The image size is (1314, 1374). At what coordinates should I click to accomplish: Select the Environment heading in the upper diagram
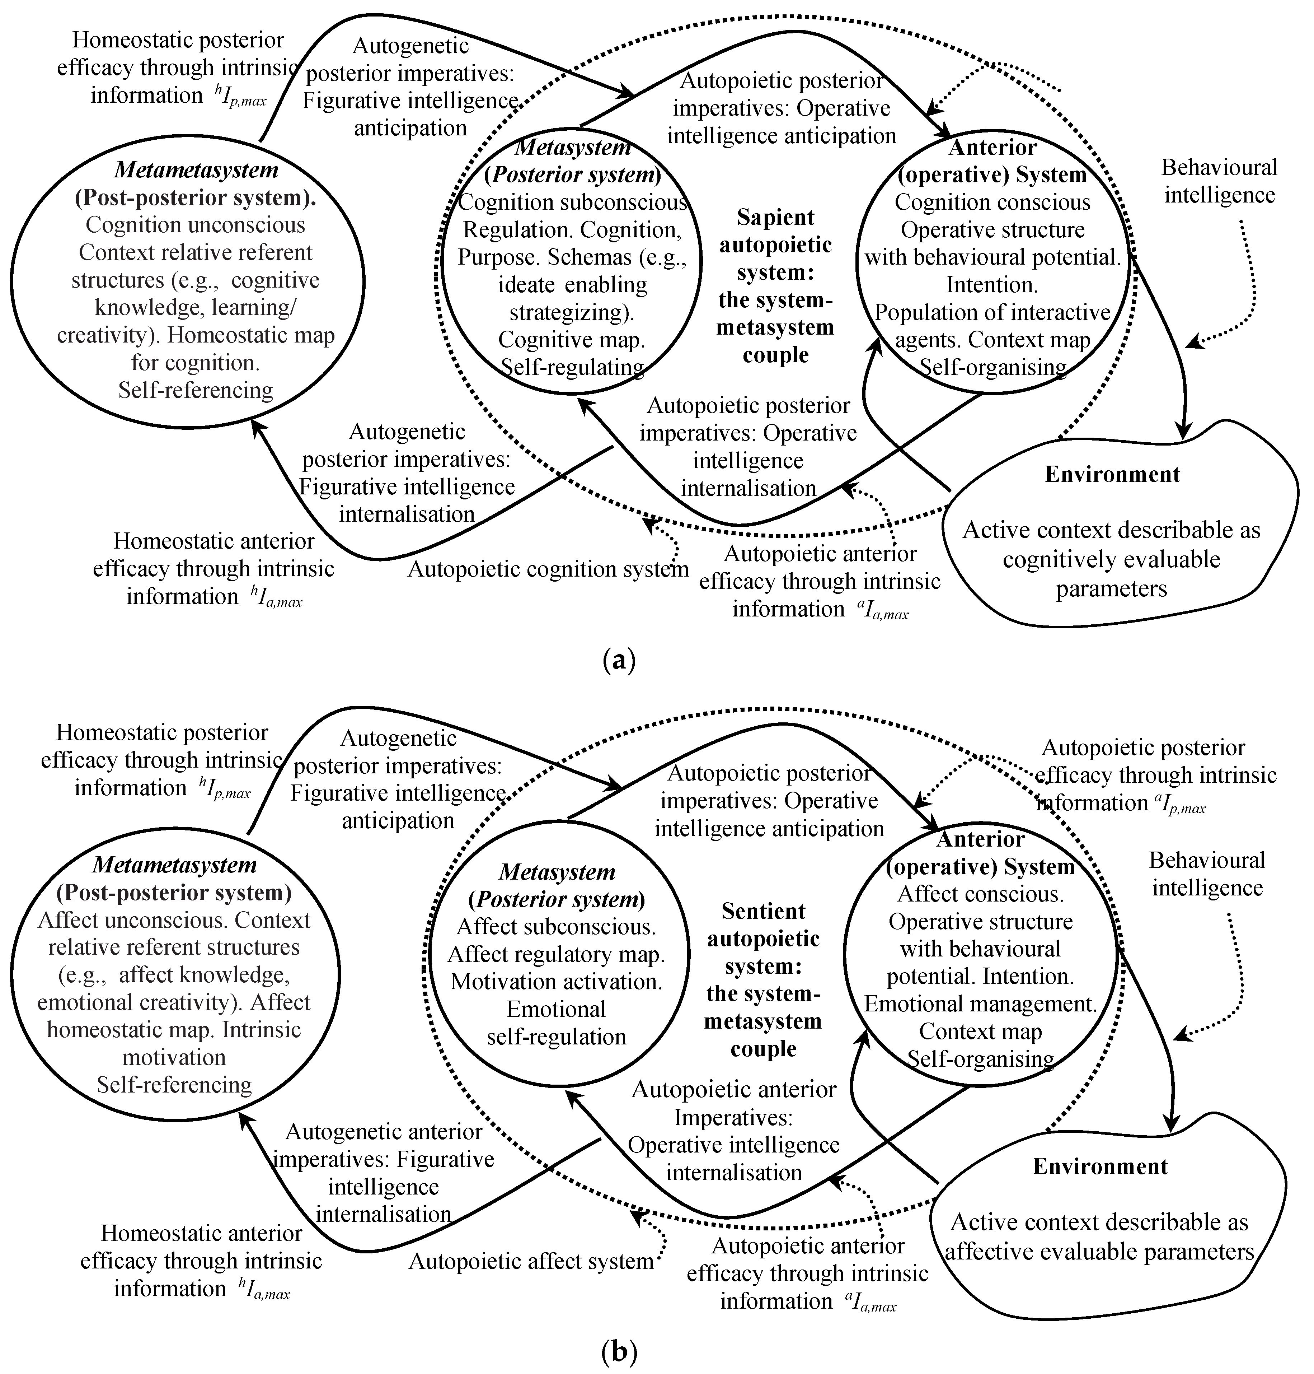[x=1112, y=474]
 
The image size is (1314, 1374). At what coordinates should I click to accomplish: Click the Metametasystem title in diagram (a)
[x=196, y=170]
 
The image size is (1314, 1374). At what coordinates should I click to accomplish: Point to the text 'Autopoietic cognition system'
[x=548, y=569]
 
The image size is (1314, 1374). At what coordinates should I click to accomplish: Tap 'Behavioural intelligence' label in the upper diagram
[x=1219, y=181]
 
